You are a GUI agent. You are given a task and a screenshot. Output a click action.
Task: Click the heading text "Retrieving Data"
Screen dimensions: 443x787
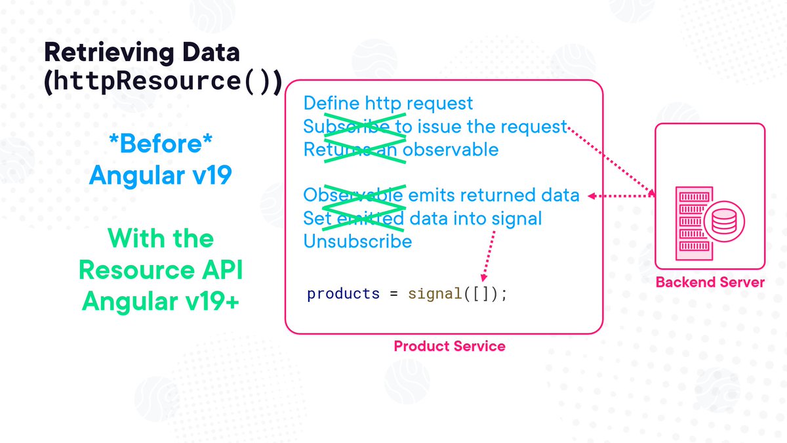tap(142, 53)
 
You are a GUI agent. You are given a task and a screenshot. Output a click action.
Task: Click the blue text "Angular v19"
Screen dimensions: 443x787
tap(160, 175)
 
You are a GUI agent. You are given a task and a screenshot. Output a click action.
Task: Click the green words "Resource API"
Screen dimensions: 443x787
tap(160, 270)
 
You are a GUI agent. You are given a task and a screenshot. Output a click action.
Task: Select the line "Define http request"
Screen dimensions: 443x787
tap(388, 103)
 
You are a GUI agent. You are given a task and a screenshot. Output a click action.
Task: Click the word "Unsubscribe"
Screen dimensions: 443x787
tap(357, 242)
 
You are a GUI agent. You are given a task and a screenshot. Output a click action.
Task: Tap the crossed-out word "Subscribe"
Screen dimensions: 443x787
tap(344, 126)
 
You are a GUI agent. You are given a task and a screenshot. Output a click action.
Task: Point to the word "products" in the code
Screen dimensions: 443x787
tap(343, 293)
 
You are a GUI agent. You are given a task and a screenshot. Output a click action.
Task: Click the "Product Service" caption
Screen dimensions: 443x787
tap(449, 346)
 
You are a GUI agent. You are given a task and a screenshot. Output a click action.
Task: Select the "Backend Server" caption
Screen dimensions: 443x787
tap(710, 283)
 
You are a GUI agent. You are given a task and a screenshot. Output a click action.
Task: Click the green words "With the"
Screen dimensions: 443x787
tap(160, 238)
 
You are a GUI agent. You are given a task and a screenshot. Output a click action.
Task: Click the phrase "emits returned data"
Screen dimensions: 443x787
tap(494, 196)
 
